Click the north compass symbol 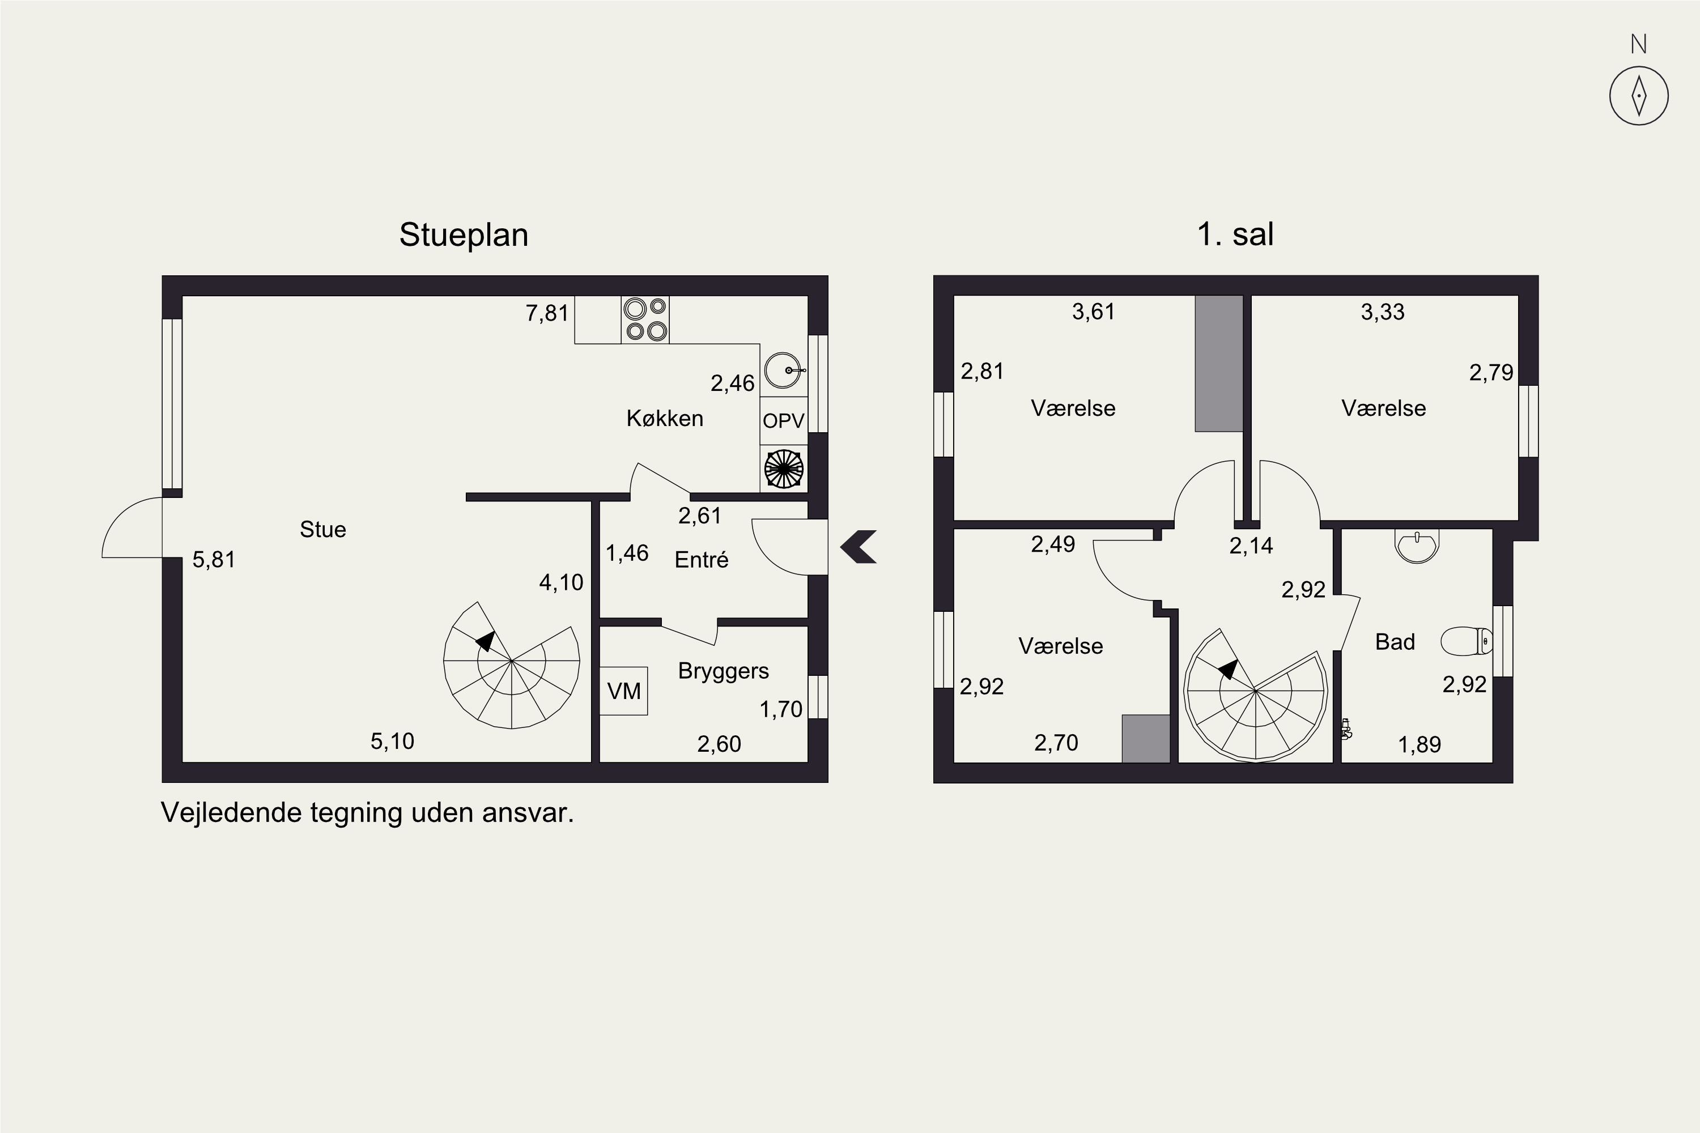click(1639, 95)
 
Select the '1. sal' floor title click(1235, 234)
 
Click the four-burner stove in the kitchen click(645, 320)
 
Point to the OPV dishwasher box click(784, 420)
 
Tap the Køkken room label click(665, 419)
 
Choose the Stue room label click(323, 530)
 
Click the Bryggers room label click(724, 671)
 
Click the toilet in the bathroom click(1467, 641)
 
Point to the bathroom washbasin click(1417, 546)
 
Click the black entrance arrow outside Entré click(858, 547)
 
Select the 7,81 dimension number click(547, 314)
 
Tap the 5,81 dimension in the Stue click(214, 560)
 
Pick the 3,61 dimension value click(1094, 312)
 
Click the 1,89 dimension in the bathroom click(1419, 744)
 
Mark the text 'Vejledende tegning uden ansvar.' click(367, 813)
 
